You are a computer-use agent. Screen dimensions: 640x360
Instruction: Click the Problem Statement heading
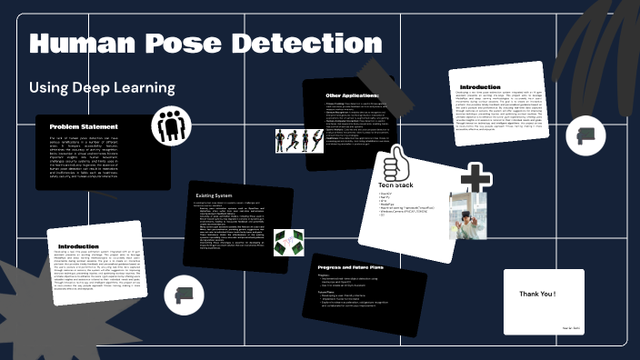(x=84, y=126)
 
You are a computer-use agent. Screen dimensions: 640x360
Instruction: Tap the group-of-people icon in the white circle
(x=170, y=126)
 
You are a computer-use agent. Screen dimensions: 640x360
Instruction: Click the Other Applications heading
(x=353, y=95)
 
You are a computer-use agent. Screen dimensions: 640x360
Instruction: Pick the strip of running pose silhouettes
(x=299, y=141)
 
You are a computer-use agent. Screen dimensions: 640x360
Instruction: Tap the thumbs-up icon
(x=395, y=165)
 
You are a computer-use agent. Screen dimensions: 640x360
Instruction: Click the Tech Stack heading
(x=395, y=185)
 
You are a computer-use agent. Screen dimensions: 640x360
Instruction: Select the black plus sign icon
(x=475, y=180)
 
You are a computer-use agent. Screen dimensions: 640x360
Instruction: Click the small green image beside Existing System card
(x=288, y=241)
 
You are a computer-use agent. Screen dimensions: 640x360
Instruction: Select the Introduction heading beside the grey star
(x=78, y=246)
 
